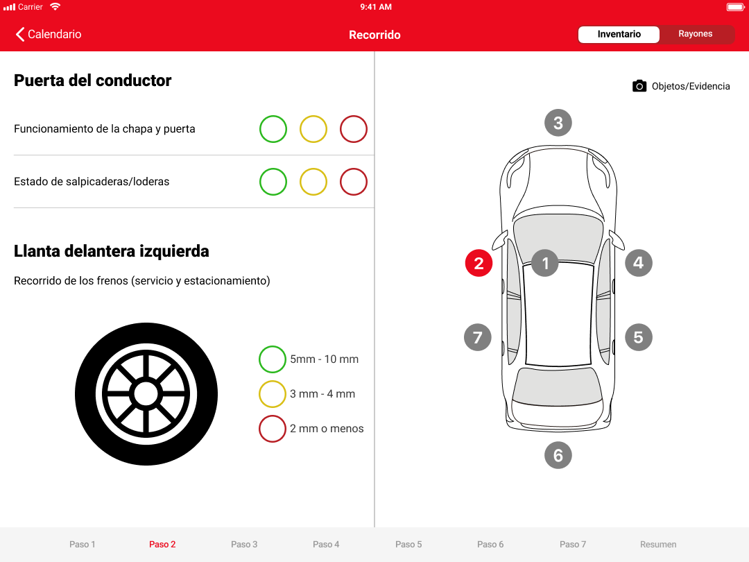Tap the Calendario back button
tap(49, 35)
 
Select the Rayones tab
tap(696, 34)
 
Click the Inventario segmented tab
tap(619, 35)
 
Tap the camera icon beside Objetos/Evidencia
tap(639, 86)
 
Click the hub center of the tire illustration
tap(146, 394)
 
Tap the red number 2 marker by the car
tap(479, 263)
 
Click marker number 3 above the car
tap(558, 123)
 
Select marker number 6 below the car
tap(558, 455)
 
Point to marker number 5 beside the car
tap(639, 337)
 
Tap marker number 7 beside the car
tap(478, 337)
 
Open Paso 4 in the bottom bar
tap(326, 545)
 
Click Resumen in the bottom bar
tap(658, 545)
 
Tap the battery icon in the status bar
tap(736, 7)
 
